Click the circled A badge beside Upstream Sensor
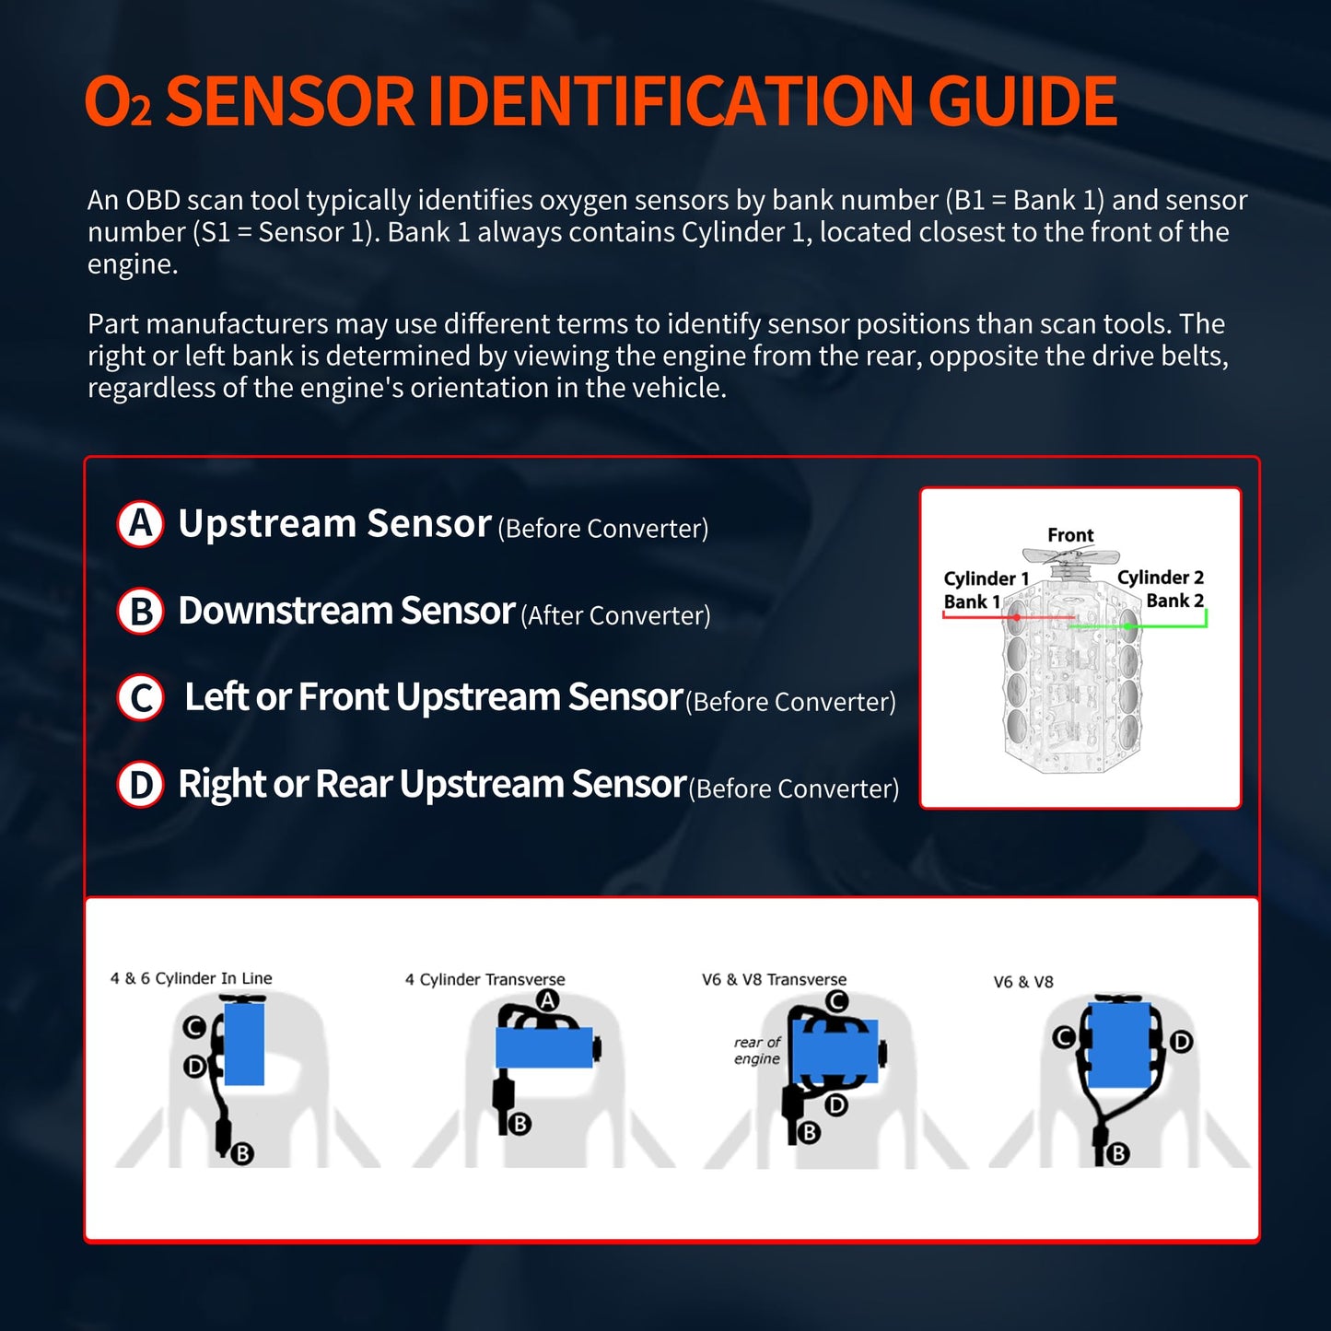pyautogui.click(x=140, y=524)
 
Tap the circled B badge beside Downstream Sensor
pyautogui.click(x=140, y=611)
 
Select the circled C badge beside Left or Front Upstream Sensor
pyautogui.click(x=140, y=697)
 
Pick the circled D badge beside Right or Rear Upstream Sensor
pyautogui.click(x=140, y=785)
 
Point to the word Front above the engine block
pyautogui.click(x=1070, y=535)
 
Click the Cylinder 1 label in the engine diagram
pyautogui.click(x=986, y=578)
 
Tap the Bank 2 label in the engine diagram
pyautogui.click(x=1174, y=601)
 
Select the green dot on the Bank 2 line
pyautogui.click(x=1127, y=626)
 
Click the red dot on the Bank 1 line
pyautogui.click(x=1016, y=617)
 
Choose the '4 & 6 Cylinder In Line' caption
pyautogui.click(x=192, y=978)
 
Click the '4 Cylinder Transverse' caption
pyautogui.click(x=485, y=979)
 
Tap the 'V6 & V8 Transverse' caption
pyautogui.click(x=774, y=979)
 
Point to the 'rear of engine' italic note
pyautogui.click(x=757, y=1050)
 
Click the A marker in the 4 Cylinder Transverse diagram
pyautogui.click(x=548, y=1000)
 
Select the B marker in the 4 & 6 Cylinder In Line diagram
pyautogui.click(x=242, y=1153)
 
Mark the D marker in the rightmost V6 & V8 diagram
pyautogui.click(x=1181, y=1042)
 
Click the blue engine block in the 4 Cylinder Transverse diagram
pyautogui.click(x=543, y=1047)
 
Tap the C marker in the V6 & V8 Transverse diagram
pyautogui.click(x=836, y=1001)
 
